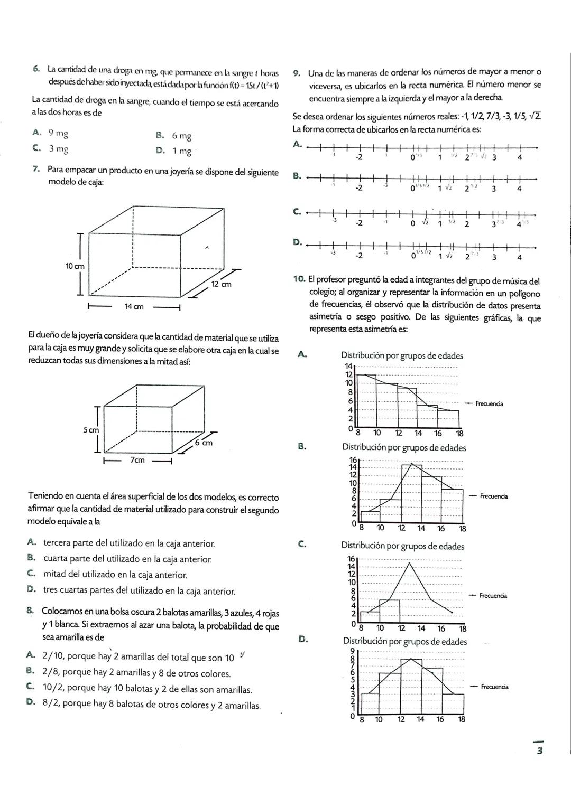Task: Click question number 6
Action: tap(35, 69)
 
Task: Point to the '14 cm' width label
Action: tap(134, 307)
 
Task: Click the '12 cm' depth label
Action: tap(221, 284)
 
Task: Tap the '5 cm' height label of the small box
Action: tap(90, 430)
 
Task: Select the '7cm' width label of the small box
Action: tap(137, 460)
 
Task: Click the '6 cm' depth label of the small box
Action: tap(204, 443)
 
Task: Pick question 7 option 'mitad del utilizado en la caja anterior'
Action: tap(115, 574)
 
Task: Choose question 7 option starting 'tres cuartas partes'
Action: tap(139, 590)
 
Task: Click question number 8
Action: tap(31, 611)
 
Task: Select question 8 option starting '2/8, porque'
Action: tap(136, 673)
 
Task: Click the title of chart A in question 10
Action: tap(402, 355)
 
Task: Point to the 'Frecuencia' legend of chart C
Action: tap(493, 596)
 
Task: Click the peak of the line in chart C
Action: tap(410, 563)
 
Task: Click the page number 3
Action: tap(539, 752)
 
